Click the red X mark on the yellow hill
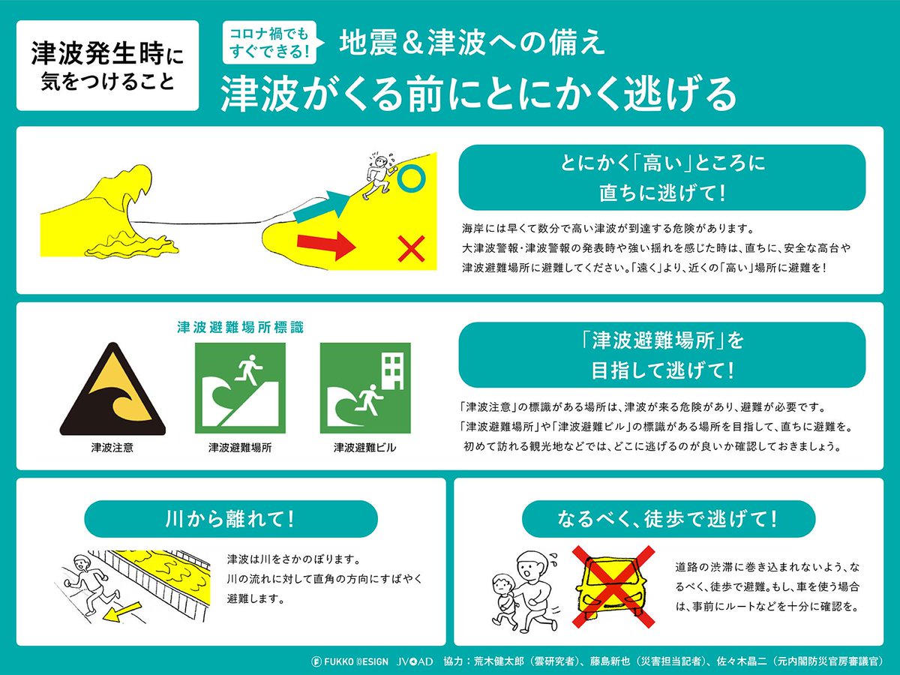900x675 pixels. click(411, 248)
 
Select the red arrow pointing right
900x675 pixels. click(326, 245)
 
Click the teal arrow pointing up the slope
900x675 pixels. click(322, 206)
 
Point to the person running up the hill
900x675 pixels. click(379, 176)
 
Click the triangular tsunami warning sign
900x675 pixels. click(112, 389)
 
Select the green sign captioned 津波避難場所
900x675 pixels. click(240, 388)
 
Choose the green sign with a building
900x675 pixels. click(365, 388)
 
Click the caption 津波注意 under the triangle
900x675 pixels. click(112, 448)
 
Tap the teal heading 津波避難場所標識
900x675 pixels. click(240, 328)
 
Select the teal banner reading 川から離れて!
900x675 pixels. click(231, 519)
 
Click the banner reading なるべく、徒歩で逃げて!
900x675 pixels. click(668, 519)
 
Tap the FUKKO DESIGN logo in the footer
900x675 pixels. click(349, 661)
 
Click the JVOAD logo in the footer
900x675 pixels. click(415, 661)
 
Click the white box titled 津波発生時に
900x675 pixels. click(107, 65)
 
